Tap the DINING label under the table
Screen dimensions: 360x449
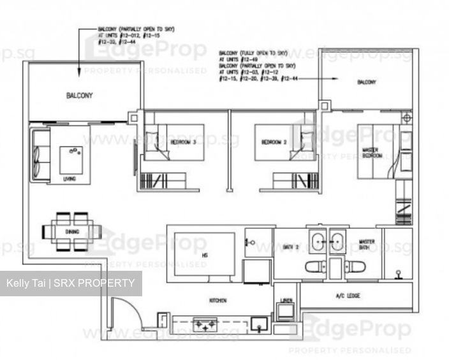(x=72, y=231)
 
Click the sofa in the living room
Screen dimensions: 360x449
(x=40, y=154)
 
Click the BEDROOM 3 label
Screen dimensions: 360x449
(x=183, y=141)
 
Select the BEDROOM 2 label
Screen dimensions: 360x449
(x=274, y=141)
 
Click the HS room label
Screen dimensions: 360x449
(x=204, y=256)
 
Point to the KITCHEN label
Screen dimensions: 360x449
(x=217, y=300)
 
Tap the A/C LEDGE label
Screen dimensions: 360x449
(x=349, y=296)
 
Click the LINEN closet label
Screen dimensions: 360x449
(x=286, y=299)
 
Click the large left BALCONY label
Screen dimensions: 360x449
(x=79, y=96)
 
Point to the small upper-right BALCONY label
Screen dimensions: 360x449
(x=366, y=82)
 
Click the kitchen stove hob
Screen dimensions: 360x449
(x=205, y=326)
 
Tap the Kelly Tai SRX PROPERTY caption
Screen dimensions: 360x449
(x=70, y=283)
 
